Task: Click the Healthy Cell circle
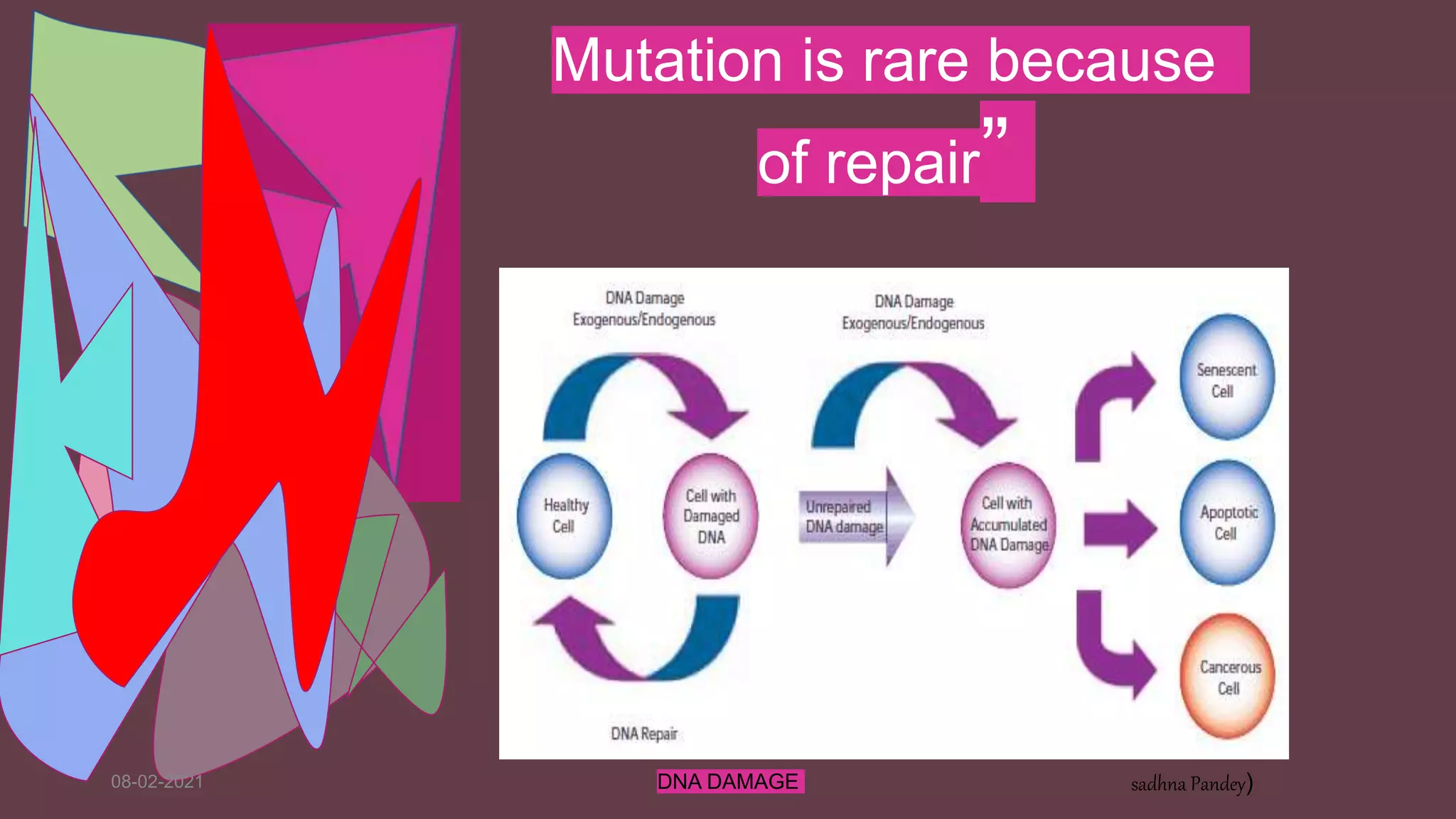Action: click(x=564, y=516)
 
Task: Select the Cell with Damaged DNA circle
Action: click(x=710, y=516)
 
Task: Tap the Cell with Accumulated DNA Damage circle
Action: click(x=1008, y=525)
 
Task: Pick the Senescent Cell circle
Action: click(x=1226, y=377)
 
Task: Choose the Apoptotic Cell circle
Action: click(x=1226, y=523)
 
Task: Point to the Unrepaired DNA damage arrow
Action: click(x=853, y=517)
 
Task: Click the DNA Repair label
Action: click(x=644, y=734)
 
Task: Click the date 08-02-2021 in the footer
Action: click(x=157, y=782)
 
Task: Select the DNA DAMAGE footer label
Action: click(x=728, y=782)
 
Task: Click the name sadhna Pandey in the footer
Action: click(x=1189, y=784)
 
